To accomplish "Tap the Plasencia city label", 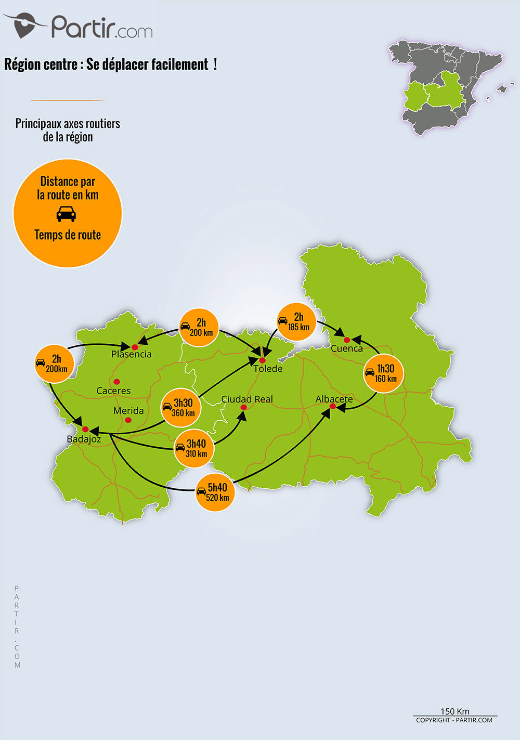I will [132, 355].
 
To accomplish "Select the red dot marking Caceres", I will [117, 382].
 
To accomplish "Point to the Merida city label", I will [128, 411].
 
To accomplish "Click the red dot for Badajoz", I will [85, 429].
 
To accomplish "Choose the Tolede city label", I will [268, 369].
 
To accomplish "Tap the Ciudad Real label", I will [247, 399].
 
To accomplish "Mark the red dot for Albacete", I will [333, 406].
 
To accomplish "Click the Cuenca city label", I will [347, 349].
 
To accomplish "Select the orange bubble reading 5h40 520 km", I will [215, 492].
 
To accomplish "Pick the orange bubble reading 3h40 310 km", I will [193, 448].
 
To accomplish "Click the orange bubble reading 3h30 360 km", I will [180, 407].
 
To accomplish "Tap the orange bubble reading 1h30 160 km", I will [383, 373].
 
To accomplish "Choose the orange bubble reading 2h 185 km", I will [296, 321].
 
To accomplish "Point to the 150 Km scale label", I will [455, 711].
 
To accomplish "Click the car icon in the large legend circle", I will [66, 214].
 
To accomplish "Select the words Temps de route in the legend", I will [68, 235].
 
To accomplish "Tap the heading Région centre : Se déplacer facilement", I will [110, 64].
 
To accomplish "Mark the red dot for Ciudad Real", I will [243, 407].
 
